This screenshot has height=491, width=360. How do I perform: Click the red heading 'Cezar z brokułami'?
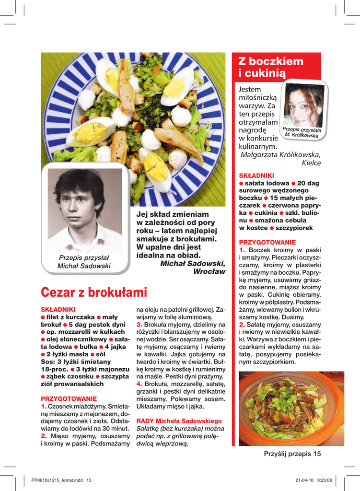tap(94, 292)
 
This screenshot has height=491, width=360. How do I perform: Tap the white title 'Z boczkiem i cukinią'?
tap(271, 67)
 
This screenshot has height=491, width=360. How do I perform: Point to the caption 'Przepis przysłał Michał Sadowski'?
tap(84, 262)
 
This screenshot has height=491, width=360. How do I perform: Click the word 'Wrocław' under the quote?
tap(209, 271)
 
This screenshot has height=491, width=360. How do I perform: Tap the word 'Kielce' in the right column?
tap(311, 163)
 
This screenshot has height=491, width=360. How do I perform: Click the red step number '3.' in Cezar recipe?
tap(139, 325)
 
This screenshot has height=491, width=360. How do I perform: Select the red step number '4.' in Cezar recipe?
tap(139, 384)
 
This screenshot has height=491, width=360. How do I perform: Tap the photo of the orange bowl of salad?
tap(291, 408)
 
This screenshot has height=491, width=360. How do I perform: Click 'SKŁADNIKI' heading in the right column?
tap(256, 176)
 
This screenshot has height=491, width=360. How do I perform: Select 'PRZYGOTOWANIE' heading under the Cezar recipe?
tap(69, 398)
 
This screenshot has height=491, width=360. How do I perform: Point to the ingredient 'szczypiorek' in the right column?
tap(294, 228)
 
